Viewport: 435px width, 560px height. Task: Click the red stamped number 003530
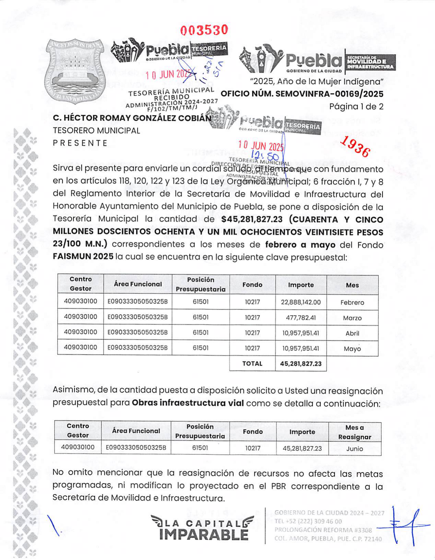pyautogui.click(x=204, y=30)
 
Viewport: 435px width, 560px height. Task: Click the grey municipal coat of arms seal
pyautogui.click(x=75, y=71)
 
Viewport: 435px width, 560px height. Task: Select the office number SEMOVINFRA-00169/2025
pyautogui.click(x=302, y=94)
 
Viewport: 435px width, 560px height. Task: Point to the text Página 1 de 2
pyautogui.click(x=356, y=107)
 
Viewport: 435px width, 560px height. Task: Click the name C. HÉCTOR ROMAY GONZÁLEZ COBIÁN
pyautogui.click(x=132, y=118)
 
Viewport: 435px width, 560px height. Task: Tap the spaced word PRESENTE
pyautogui.click(x=80, y=143)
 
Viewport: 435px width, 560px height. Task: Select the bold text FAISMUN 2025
pyautogui.click(x=83, y=257)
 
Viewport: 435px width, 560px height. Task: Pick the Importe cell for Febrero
pyautogui.click(x=301, y=302)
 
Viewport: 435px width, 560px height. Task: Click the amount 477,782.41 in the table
pyautogui.click(x=301, y=318)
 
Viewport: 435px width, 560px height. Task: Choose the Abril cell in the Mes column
pyautogui.click(x=352, y=333)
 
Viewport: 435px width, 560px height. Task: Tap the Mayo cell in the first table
pyautogui.click(x=352, y=349)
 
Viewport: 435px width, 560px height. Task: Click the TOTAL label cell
pyautogui.click(x=252, y=364)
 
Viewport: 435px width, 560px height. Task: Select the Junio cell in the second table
pyautogui.click(x=354, y=448)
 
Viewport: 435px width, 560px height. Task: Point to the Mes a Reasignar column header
pyautogui.click(x=354, y=432)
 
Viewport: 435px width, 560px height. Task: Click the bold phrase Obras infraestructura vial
pyautogui.click(x=188, y=403)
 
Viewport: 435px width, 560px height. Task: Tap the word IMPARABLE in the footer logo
pyautogui.click(x=204, y=535)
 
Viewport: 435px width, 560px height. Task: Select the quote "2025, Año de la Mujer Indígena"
pyautogui.click(x=316, y=82)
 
